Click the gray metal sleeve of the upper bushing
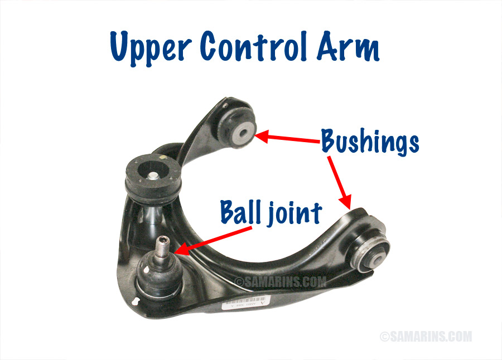(245, 132)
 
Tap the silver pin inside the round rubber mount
(152, 176)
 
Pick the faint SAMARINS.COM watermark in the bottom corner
(426, 337)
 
